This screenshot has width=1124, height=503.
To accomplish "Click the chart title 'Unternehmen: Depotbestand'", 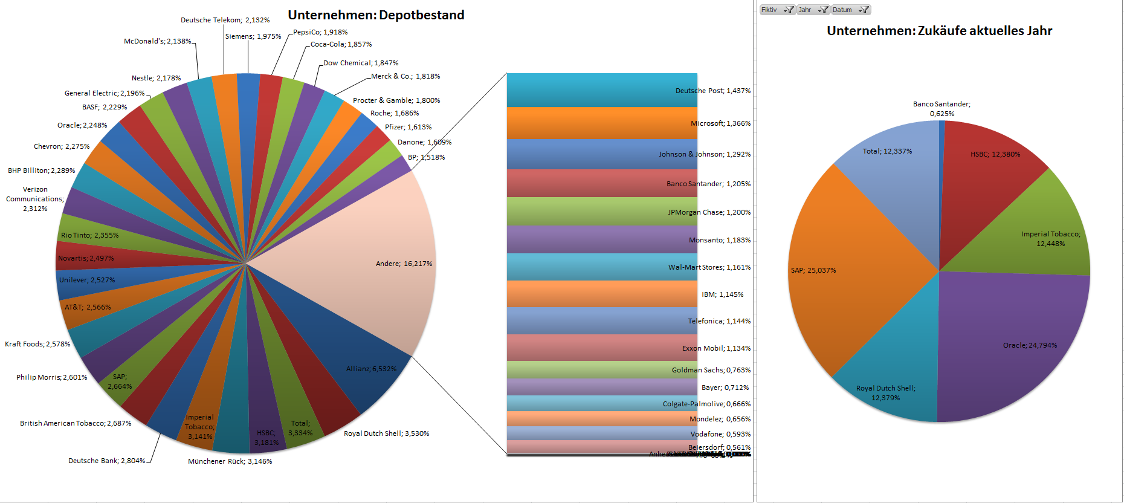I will tap(376, 15).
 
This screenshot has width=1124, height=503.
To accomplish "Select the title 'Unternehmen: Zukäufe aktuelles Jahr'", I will tap(939, 31).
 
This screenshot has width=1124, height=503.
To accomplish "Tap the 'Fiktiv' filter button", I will tap(777, 10).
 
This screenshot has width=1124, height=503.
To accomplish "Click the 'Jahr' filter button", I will tap(813, 10).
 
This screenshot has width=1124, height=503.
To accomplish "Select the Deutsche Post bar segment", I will tap(601, 90).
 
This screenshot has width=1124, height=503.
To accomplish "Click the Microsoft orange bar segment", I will tap(601, 123).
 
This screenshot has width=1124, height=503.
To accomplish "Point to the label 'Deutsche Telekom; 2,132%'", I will tap(225, 20).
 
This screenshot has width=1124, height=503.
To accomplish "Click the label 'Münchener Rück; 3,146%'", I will tap(230, 461).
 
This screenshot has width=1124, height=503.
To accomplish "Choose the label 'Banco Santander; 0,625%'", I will tap(942, 109).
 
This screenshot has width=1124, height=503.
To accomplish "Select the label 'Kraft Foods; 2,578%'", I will tap(37, 344).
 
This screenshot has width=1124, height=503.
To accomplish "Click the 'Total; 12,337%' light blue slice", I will tap(888, 157).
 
